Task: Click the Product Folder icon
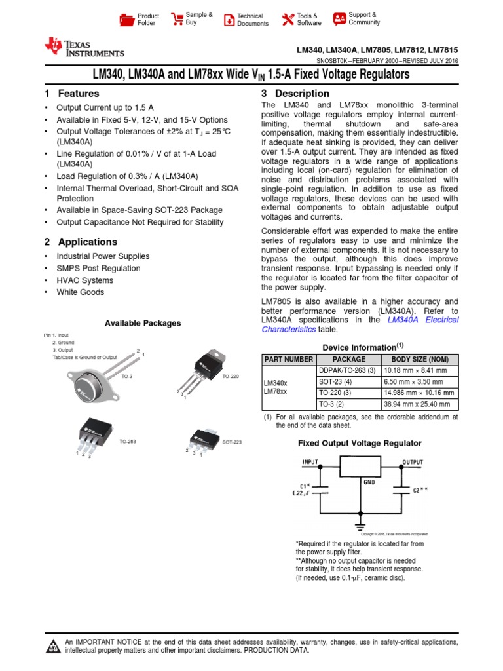(x=126, y=20)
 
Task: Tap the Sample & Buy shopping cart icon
(x=177, y=19)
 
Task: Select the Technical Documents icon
(x=229, y=20)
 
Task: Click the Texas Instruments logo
(x=84, y=47)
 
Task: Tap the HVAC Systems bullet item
(x=84, y=280)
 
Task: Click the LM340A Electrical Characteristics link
(x=423, y=320)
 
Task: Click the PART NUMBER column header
(x=288, y=359)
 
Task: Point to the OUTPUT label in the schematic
(x=413, y=462)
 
